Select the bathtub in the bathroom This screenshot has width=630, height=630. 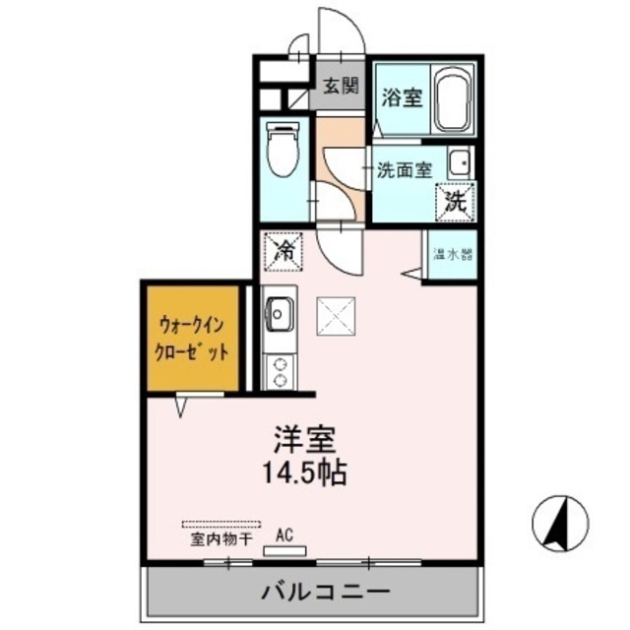(x=453, y=99)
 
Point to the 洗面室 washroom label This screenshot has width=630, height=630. (x=404, y=168)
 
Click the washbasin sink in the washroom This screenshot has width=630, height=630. (x=458, y=161)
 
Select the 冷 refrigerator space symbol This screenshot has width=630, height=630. (x=284, y=250)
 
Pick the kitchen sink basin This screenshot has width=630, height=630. (x=277, y=315)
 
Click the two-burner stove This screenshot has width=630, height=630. (x=280, y=370)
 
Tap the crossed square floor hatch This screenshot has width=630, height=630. (x=337, y=317)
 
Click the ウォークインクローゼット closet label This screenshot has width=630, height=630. (x=193, y=337)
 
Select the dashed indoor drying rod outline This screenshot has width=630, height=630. (x=220, y=525)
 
